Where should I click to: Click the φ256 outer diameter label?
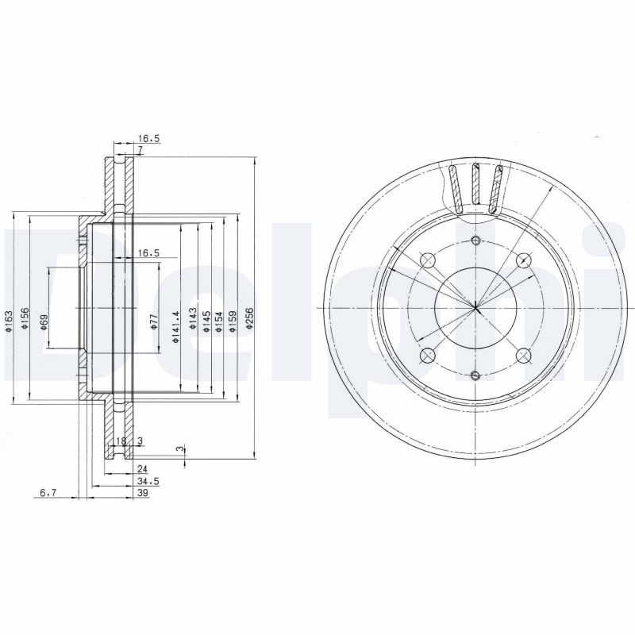249,316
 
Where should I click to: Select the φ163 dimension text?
9,321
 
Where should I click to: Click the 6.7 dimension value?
48,493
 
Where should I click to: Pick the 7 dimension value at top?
139,150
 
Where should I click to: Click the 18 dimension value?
121,441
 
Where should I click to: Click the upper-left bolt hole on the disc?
428,260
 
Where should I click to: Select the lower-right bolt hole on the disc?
522,355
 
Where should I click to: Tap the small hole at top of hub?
475,241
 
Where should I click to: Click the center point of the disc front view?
475,308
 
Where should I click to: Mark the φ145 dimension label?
205,321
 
